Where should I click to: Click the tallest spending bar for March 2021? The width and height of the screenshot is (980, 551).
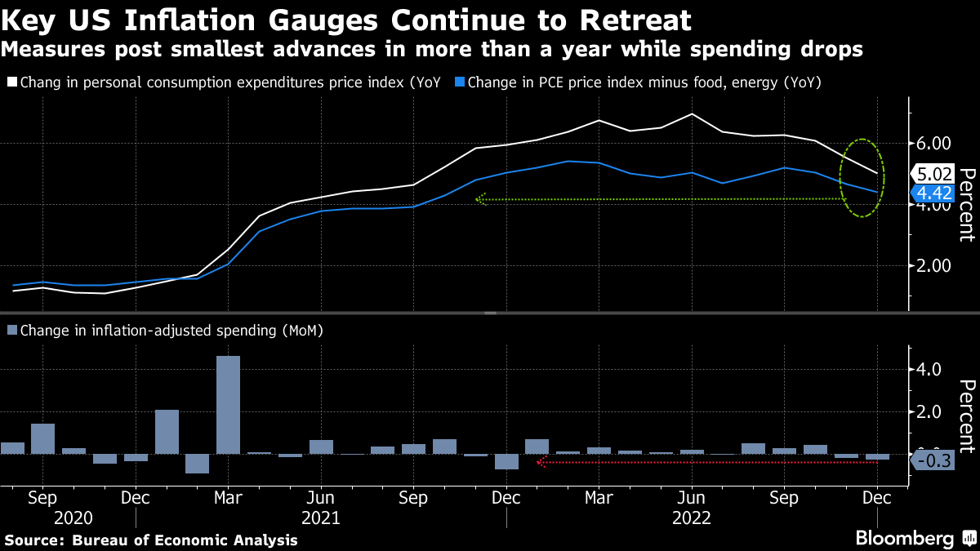click(x=228, y=404)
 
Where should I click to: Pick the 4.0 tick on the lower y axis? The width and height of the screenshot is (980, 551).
click(x=930, y=370)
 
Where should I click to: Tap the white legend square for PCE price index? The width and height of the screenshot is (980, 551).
click(x=11, y=82)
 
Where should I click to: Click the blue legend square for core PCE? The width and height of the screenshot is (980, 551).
click(x=461, y=82)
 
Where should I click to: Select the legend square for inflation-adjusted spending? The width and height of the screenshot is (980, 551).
click(x=11, y=331)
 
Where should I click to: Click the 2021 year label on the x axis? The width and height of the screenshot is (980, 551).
click(x=321, y=518)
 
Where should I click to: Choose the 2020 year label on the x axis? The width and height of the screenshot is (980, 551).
click(x=73, y=518)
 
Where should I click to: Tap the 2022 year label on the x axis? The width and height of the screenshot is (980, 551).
click(x=691, y=518)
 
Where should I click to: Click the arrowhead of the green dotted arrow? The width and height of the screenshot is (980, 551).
click(x=479, y=198)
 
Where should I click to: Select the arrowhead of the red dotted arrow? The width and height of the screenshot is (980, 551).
click(x=539, y=463)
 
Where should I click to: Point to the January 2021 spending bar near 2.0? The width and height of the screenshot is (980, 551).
click(x=167, y=431)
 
